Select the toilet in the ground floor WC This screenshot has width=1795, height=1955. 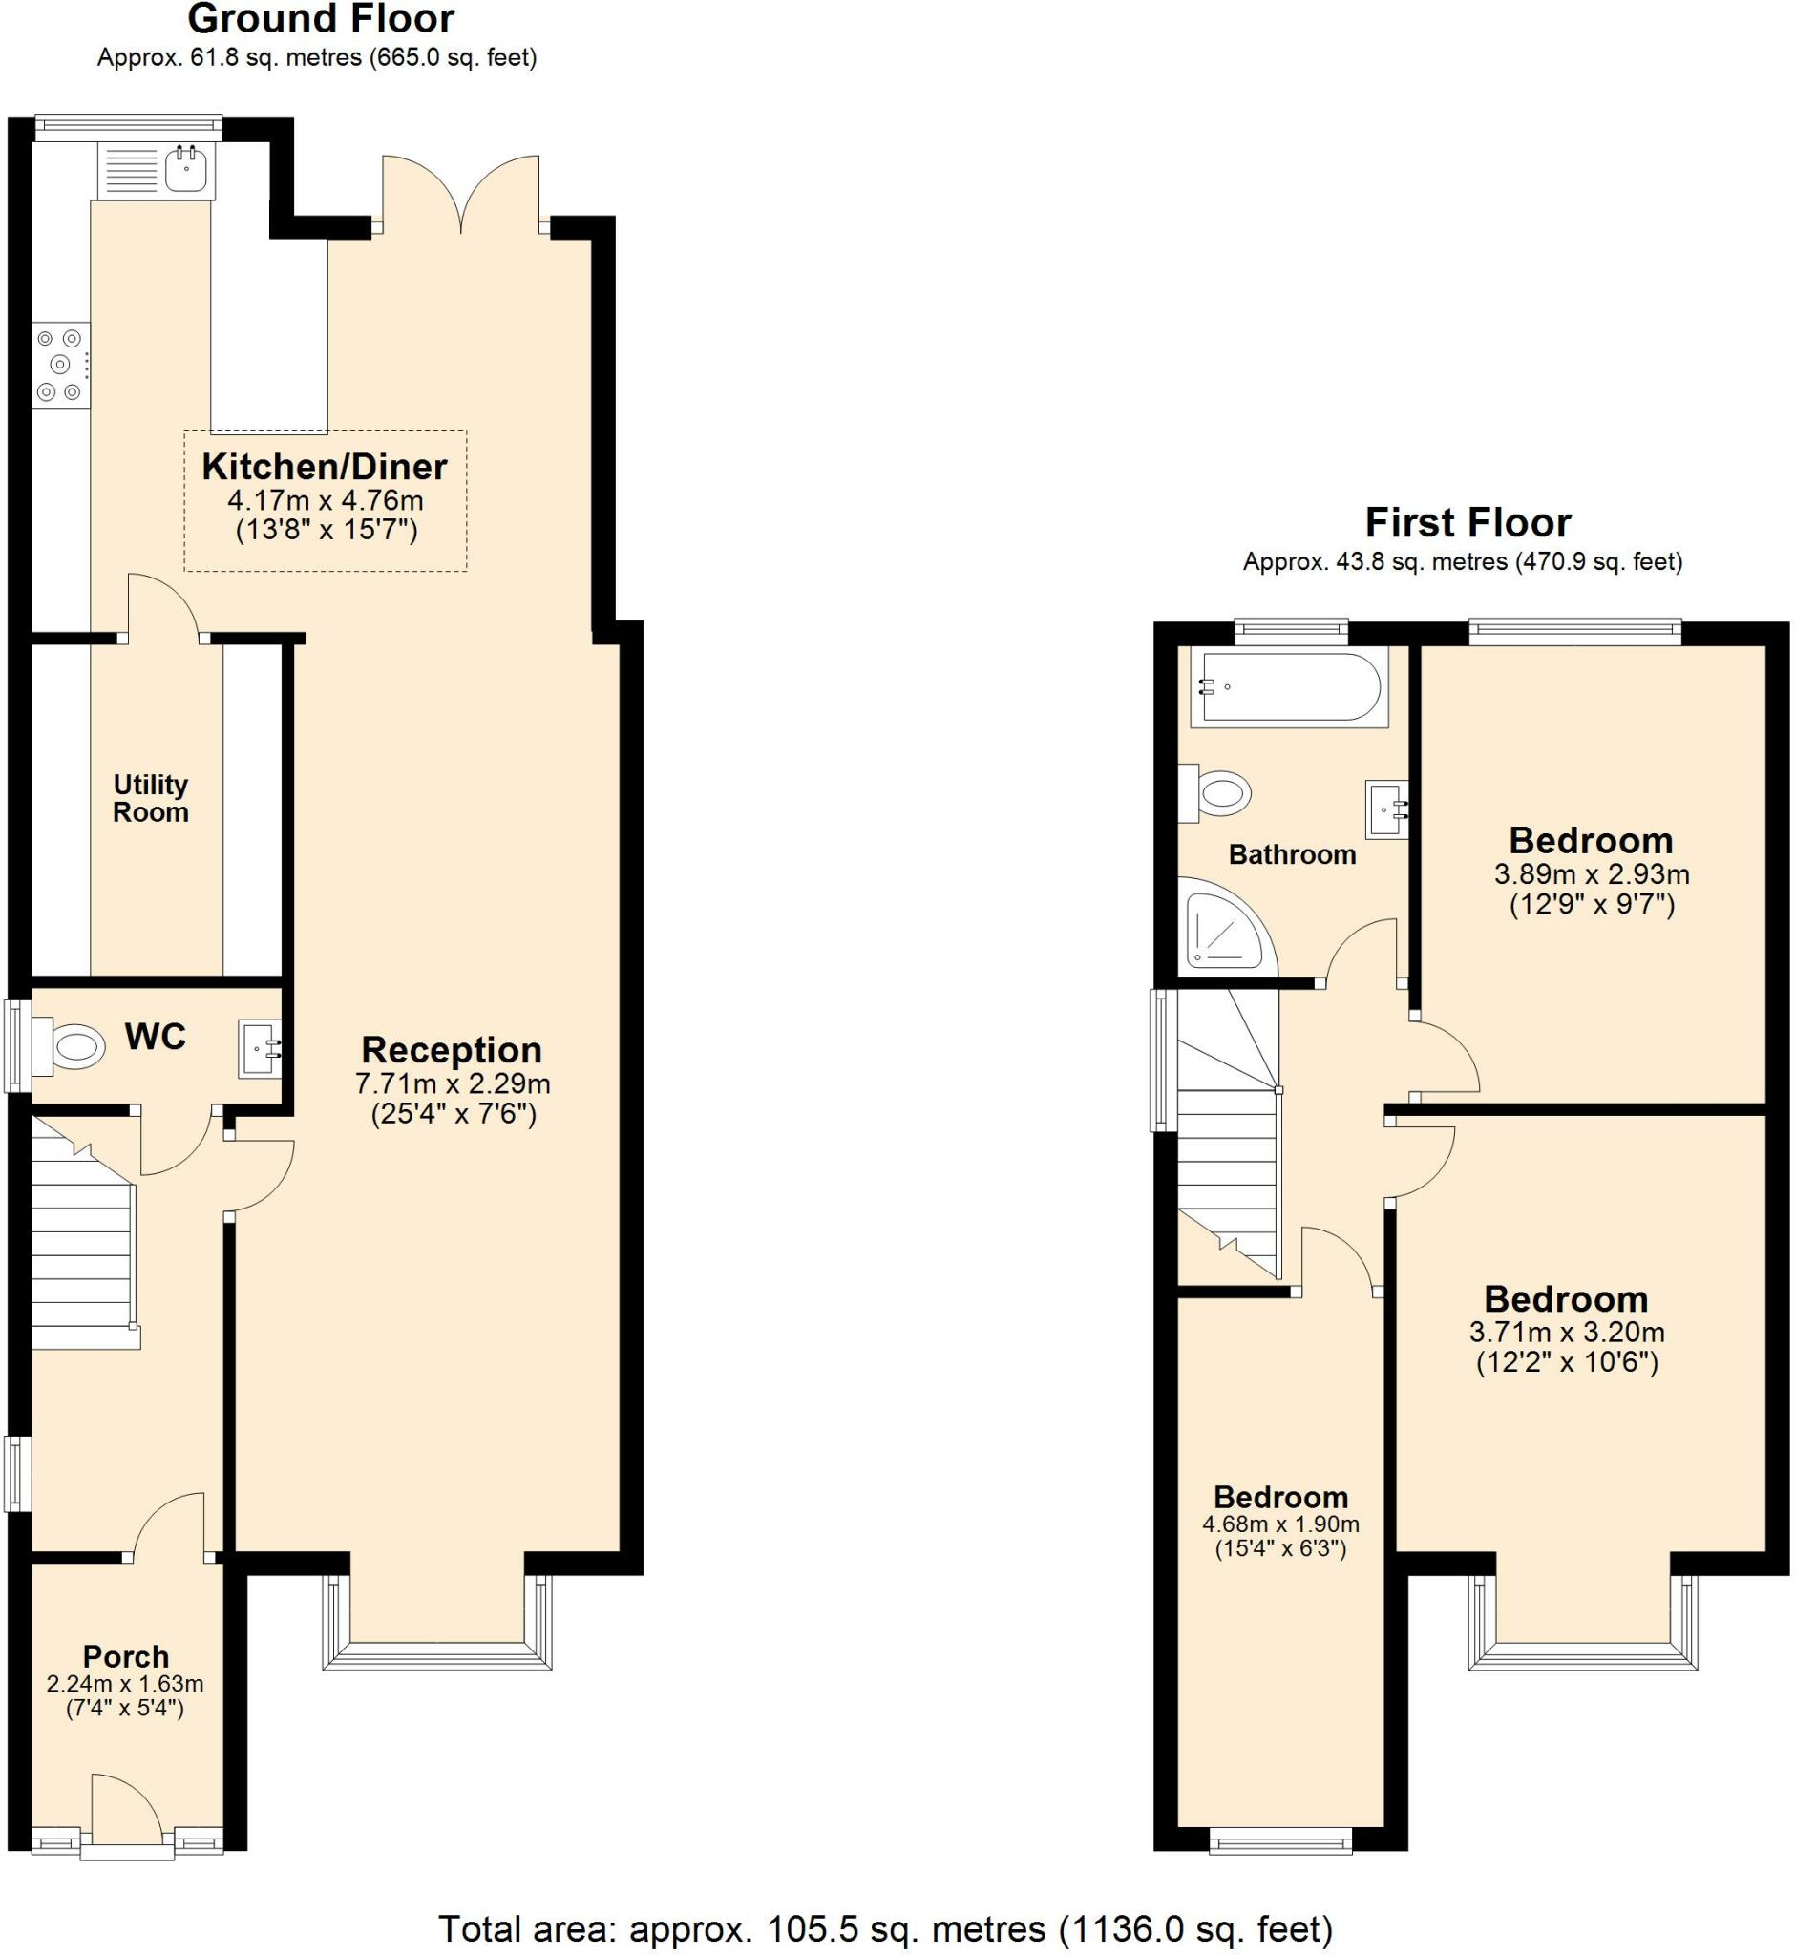[x=72, y=1047]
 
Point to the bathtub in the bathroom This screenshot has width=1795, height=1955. [x=1288, y=686]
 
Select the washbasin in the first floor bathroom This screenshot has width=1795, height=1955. [x=1386, y=808]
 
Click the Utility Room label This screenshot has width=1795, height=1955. [x=151, y=798]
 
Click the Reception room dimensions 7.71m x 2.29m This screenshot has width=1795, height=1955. [x=453, y=1083]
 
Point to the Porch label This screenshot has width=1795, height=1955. [x=125, y=1656]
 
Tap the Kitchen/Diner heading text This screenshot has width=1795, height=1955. [x=325, y=467]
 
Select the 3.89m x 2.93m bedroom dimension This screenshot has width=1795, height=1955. [x=1591, y=874]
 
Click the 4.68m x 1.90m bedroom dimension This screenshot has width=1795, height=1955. [x=1280, y=1524]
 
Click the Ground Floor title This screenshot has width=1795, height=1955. [x=321, y=19]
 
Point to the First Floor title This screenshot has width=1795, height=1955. [x=1468, y=523]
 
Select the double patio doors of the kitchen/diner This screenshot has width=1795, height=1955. [x=460, y=194]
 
